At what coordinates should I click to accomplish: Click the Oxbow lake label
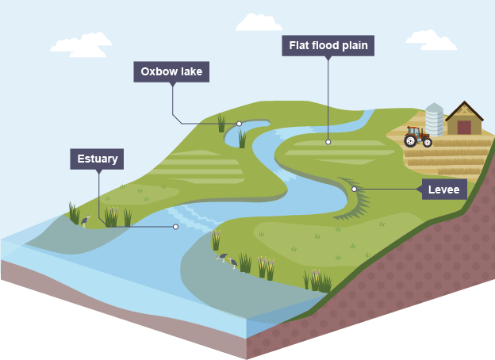click(x=171, y=72)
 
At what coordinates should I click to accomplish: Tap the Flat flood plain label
click(x=327, y=46)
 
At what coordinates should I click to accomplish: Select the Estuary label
click(x=98, y=159)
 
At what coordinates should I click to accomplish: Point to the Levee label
click(x=444, y=190)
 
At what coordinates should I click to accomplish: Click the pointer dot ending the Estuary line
click(x=175, y=227)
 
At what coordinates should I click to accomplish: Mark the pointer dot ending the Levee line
click(x=354, y=189)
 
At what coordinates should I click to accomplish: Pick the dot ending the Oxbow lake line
click(x=239, y=124)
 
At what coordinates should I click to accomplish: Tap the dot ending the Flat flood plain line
click(x=328, y=143)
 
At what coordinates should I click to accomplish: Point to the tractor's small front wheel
click(x=428, y=143)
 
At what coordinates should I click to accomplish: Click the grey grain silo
click(x=434, y=120)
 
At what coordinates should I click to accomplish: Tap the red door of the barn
click(x=464, y=127)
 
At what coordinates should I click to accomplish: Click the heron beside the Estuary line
click(x=84, y=220)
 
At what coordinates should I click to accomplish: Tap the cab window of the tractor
click(x=413, y=131)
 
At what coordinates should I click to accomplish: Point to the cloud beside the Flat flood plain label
click(x=259, y=22)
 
